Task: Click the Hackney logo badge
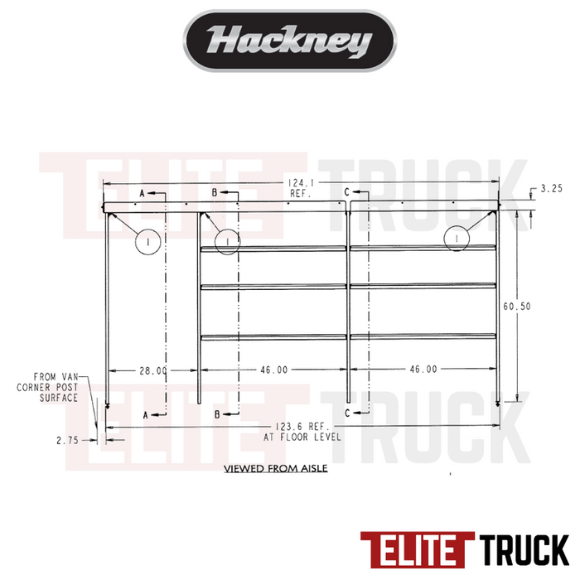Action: pos(288,41)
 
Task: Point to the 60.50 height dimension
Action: pos(517,306)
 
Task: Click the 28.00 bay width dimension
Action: pos(153,370)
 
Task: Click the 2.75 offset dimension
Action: pos(67,441)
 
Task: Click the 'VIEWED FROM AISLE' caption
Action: pos(276,469)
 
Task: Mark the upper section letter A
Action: pos(142,192)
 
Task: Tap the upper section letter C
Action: pos(346,192)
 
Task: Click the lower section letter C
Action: pos(346,413)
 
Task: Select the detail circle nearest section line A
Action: pos(146,241)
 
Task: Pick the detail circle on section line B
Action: pos(226,241)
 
